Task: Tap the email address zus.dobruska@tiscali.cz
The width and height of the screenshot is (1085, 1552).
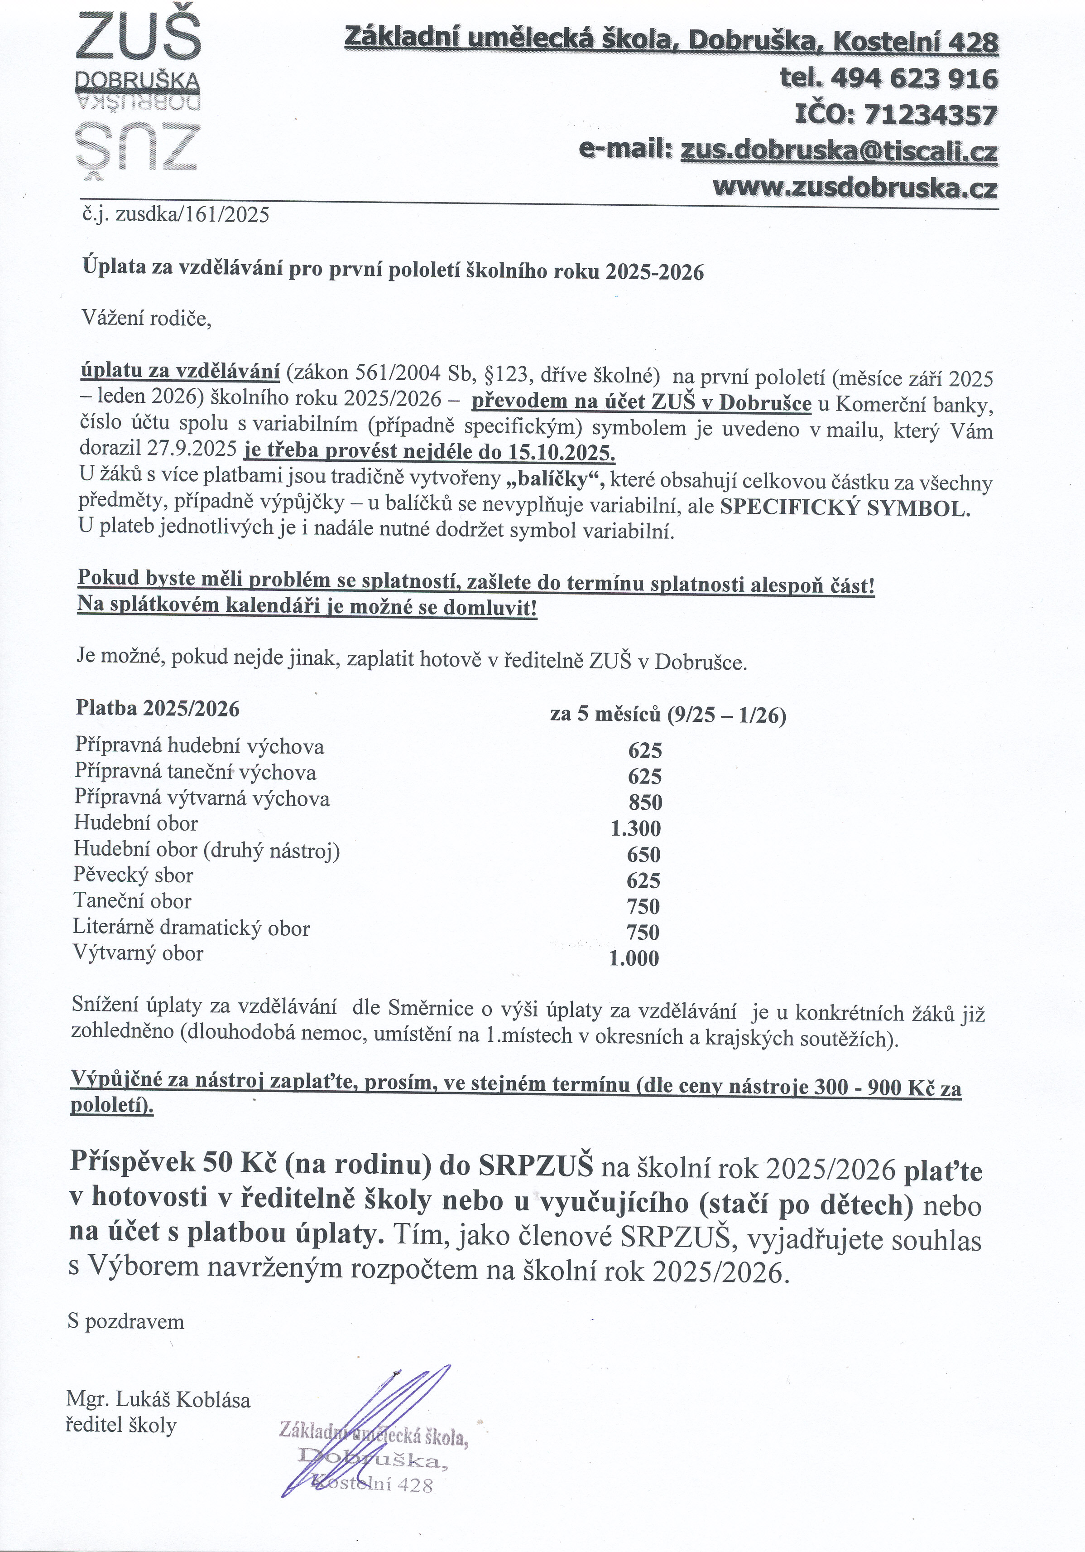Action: [x=838, y=151]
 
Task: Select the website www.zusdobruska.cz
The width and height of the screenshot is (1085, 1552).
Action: [x=855, y=187]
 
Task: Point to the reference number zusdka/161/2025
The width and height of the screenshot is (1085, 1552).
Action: [x=192, y=216]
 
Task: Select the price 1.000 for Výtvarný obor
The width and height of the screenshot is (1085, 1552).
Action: [x=634, y=958]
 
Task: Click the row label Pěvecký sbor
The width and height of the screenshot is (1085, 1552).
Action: [x=134, y=875]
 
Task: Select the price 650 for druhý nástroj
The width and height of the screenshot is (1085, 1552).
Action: [x=643, y=855]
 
